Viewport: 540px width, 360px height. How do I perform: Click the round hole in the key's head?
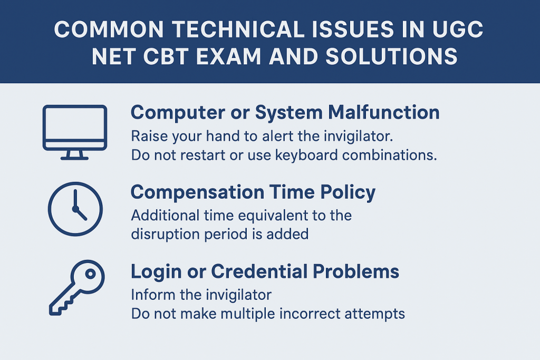(x=90, y=274)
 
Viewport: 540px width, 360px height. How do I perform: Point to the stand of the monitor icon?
(x=74, y=155)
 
